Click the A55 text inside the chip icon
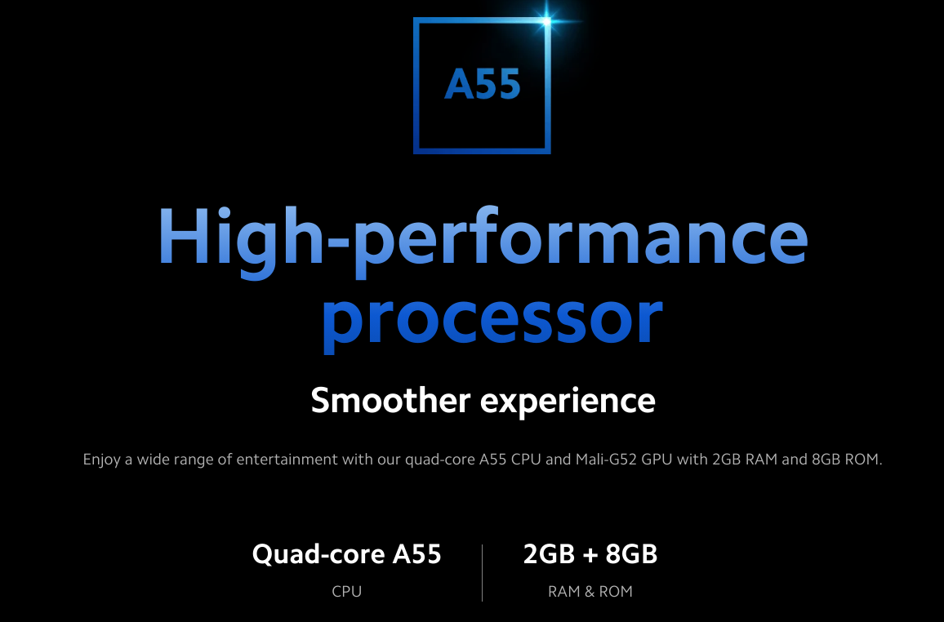coord(483,84)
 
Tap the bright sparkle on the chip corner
coord(546,22)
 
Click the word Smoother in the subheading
coord(390,400)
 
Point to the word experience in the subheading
coord(568,402)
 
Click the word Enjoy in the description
coord(101,460)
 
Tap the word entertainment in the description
coord(287,460)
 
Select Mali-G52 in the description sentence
coord(606,460)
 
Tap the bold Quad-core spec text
coord(318,554)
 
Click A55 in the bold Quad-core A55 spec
coord(417,554)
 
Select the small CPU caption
coord(347,592)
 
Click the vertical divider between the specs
coord(483,573)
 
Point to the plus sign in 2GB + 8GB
coord(590,555)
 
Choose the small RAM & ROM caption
coord(590,592)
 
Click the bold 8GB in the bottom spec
coord(631,554)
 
